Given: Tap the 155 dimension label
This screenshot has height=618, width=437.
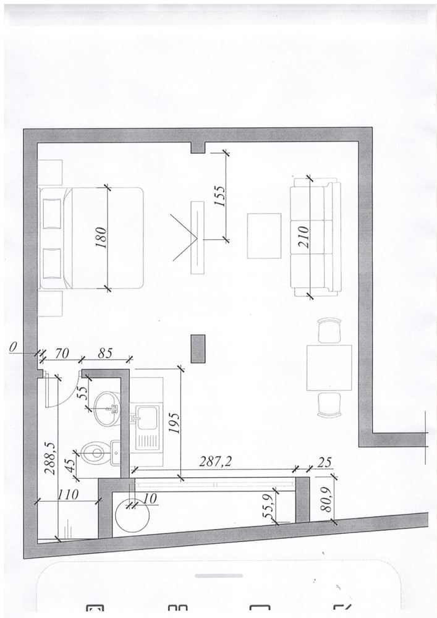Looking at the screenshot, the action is pos(220,196).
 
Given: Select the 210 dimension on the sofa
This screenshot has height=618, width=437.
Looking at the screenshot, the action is pos(304,237).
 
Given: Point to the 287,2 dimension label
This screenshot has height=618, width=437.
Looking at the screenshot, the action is pos(214,462).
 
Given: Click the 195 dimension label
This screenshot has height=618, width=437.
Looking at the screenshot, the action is pos(174,423).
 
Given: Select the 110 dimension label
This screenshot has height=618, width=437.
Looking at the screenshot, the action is pos(68,494).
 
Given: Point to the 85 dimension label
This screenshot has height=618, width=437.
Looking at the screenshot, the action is pos(105,353).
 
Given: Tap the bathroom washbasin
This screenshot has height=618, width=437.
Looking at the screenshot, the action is pos(106,408).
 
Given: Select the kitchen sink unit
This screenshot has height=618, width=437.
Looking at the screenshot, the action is pos(147,428).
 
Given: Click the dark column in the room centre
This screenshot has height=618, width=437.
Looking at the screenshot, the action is pos(198,349).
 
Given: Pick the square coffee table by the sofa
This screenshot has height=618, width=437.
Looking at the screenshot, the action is pos(264,235).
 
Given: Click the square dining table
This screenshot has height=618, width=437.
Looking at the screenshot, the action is pos(329,367).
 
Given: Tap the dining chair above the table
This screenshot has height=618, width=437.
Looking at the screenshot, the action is pos(329,331).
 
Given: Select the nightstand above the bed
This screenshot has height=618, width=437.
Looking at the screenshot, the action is pos(50,172).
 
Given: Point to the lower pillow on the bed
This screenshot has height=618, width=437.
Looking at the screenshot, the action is pos(52,263).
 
